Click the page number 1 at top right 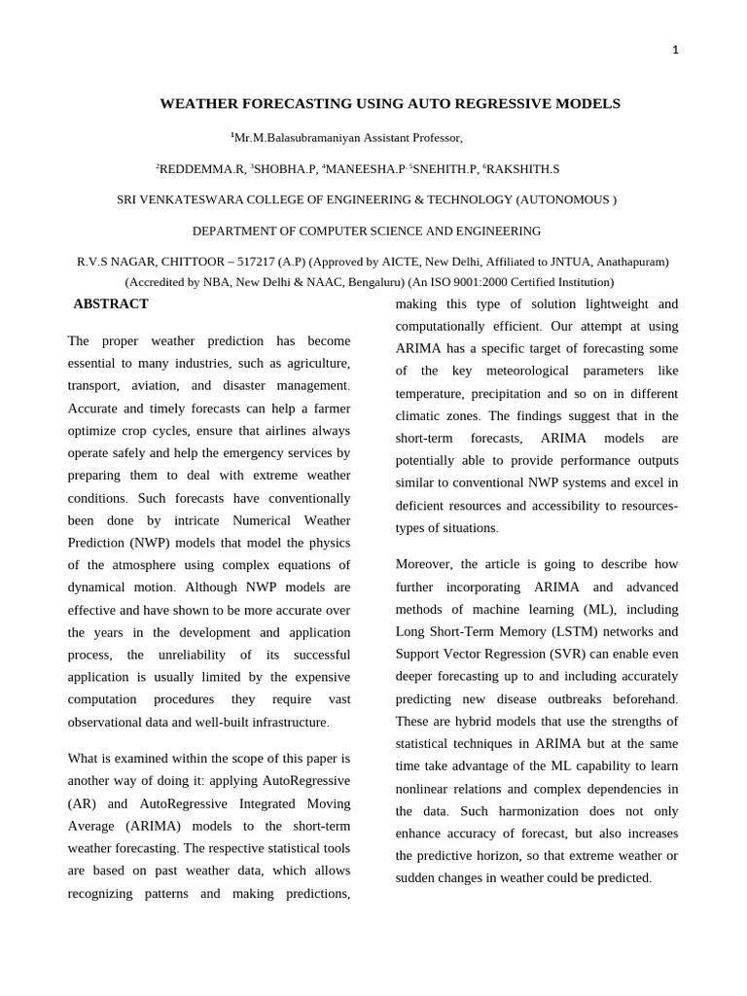click(x=675, y=51)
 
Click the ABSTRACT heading click(x=111, y=303)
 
